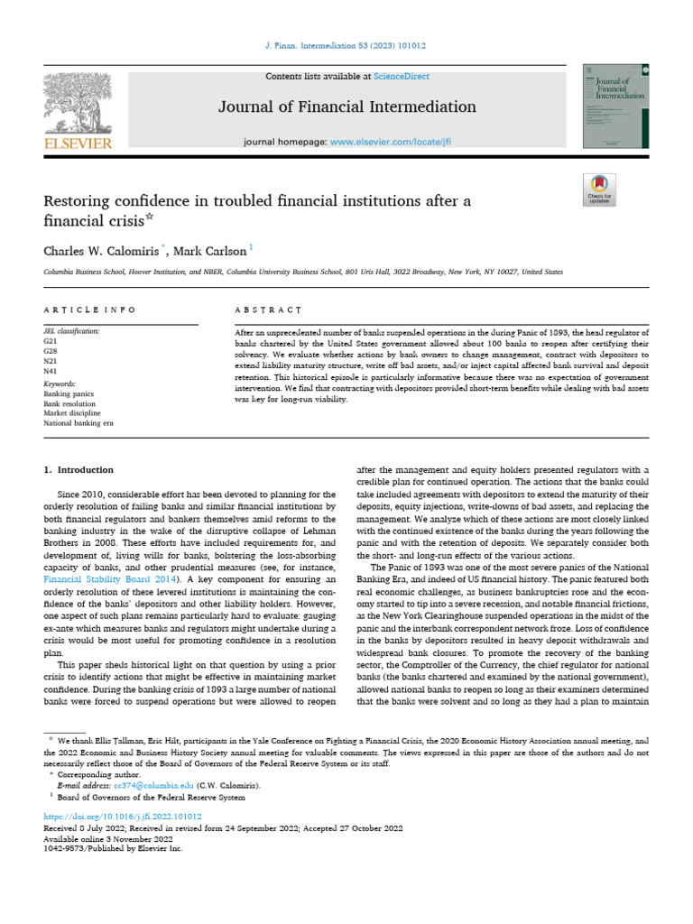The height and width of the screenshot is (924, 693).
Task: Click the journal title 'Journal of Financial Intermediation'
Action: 347,107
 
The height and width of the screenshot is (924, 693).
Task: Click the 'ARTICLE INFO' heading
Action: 90,310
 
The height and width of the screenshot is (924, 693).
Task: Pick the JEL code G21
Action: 50,342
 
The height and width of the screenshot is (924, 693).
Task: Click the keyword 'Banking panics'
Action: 67,394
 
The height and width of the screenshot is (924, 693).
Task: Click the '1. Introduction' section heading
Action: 79,470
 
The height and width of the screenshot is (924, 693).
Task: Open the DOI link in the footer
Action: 117,817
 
